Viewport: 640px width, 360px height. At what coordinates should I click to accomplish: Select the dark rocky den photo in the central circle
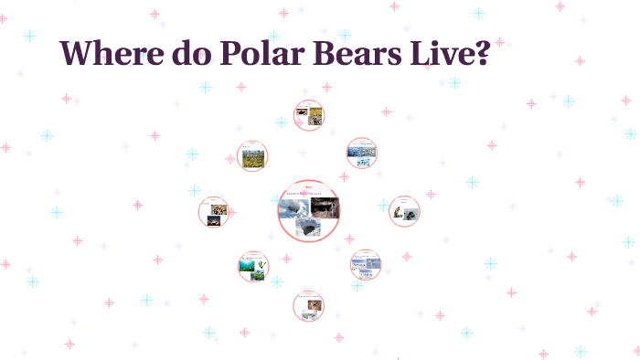(325, 206)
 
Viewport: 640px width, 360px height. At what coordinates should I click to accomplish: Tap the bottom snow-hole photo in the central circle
(310, 228)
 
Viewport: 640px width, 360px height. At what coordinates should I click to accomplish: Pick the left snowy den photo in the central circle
(294, 209)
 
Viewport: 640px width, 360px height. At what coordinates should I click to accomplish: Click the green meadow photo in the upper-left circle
(252, 158)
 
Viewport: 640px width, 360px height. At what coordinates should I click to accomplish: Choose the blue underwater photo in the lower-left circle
(247, 267)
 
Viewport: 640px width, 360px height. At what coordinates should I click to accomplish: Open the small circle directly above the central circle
(309, 115)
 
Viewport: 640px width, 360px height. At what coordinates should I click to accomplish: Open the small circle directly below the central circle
(309, 306)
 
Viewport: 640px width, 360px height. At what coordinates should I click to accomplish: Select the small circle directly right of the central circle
(403, 211)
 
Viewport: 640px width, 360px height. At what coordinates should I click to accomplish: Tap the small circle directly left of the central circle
(214, 211)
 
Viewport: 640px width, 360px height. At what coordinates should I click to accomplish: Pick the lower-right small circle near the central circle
(365, 265)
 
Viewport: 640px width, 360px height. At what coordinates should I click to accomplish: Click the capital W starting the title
(78, 53)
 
